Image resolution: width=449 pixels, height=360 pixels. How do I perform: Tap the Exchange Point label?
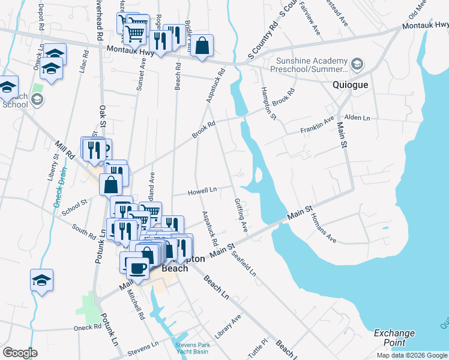(x=394, y=338)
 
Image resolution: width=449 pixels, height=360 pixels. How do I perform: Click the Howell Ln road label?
(x=202, y=191)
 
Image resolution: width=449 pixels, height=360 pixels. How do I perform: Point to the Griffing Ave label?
(x=241, y=215)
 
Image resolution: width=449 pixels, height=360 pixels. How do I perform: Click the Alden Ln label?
(x=358, y=118)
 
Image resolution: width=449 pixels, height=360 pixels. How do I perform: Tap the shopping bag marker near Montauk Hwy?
(x=203, y=46)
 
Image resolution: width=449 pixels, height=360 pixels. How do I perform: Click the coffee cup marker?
(x=137, y=266)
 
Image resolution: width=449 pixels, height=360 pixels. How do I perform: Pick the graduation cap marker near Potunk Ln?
(x=42, y=280)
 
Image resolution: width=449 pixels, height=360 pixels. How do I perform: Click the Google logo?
(x=20, y=353)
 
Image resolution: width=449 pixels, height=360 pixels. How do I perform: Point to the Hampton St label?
(x=268, y=102)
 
